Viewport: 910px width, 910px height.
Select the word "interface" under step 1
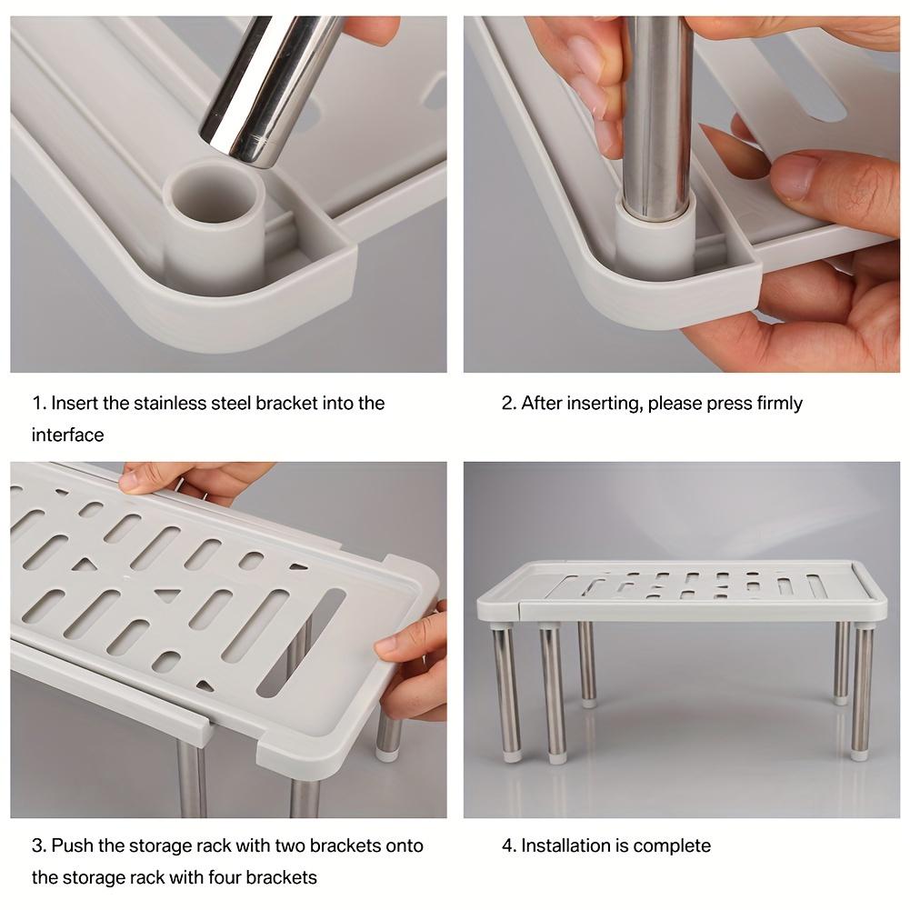[x=67, y=435]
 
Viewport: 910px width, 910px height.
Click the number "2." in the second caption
[x=509, y=403]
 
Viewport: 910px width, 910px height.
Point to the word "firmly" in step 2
[x=779, y=403]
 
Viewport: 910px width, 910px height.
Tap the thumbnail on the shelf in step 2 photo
[x=794, y=175]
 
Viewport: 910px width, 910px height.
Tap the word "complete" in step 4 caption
[x=672, y=845]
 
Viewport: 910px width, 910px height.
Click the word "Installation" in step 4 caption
[x=564, y=845]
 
